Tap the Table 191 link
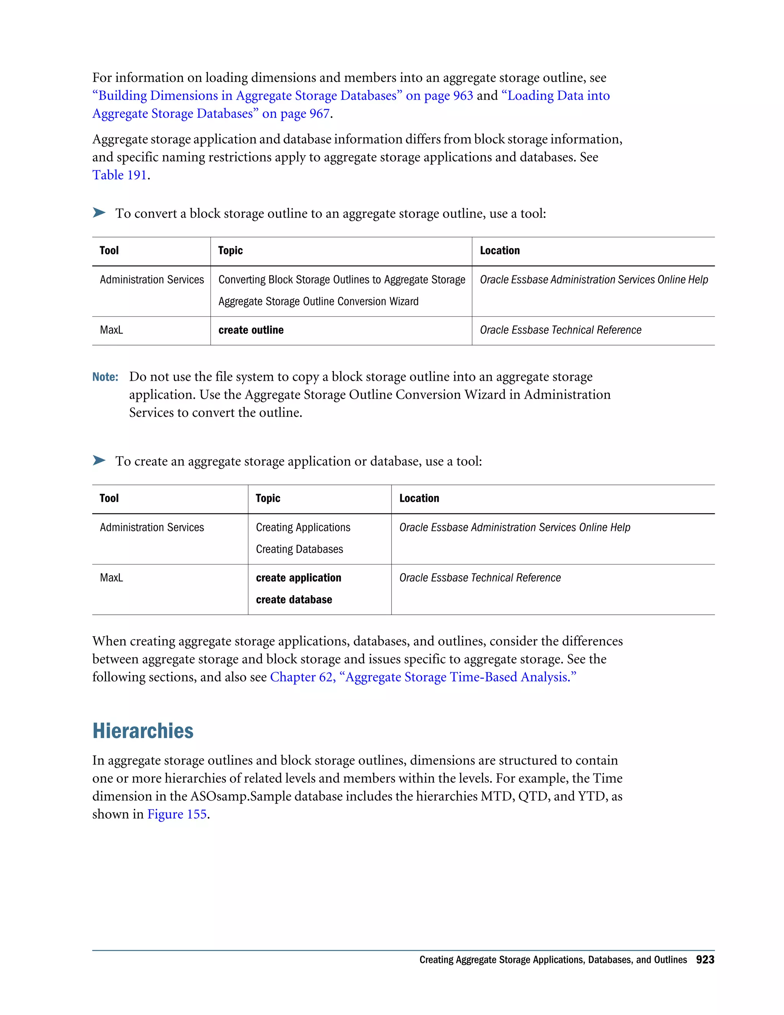pos(119,175)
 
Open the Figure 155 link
pos(176,814)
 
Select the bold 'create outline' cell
pos(251,330)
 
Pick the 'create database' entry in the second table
pos(294,599)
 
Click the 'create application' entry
pos(298,578)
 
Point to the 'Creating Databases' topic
pos(299,549)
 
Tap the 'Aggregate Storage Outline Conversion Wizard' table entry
pos(318,301)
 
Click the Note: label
pos(105,377)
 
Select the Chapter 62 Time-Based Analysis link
pos(423,677)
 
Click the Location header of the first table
pos(500,250)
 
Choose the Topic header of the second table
pos(268,498)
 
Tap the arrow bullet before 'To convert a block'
pos(99,213)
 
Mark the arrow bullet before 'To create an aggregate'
pos(99,460)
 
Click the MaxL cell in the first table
pos(111,330)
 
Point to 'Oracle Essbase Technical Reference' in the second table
pos(480,578)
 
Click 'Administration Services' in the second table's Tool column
pos(152,527)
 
